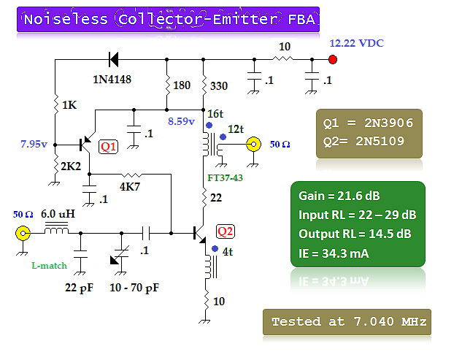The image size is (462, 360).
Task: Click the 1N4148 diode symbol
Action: tap(114, 59)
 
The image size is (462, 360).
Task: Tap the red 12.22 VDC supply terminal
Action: tap(333, 59)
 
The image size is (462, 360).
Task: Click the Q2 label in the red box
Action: tap(225, 232)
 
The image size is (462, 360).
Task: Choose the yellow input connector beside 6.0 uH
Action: tap(23, 234)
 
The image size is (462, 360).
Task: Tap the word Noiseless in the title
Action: tap(66, 20)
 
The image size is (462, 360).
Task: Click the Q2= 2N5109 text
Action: tap(369, 142)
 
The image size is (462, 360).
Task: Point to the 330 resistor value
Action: tap(220, 86)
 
